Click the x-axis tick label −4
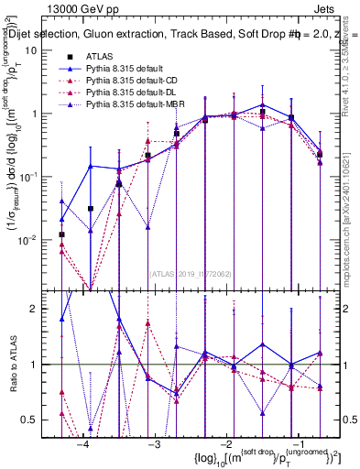[82, 444]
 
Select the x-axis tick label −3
[153, 444]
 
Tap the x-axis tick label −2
[224, 444]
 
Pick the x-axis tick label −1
[294, 444]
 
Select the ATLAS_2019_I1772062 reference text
[191, 272]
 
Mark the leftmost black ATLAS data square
[61, 234]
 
